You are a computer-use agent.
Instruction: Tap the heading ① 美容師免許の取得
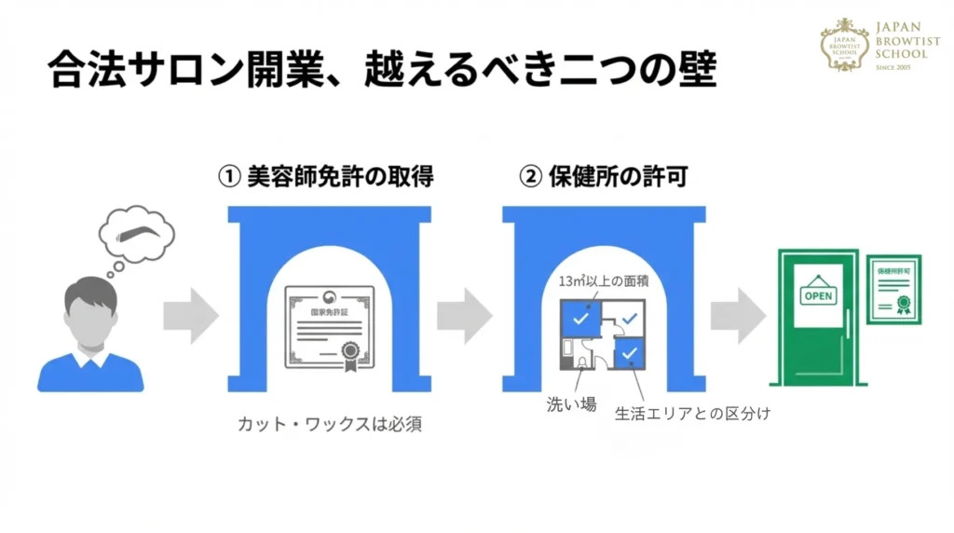(325, 176)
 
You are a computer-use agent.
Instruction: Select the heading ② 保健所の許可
(603, 176)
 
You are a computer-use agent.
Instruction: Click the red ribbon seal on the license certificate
(351, 351)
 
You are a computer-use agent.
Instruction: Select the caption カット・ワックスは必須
(330, 425)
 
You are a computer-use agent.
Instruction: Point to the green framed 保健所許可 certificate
(893, 289)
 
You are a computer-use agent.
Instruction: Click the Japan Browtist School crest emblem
(844, 45)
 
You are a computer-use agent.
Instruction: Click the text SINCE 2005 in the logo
(901, 67)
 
